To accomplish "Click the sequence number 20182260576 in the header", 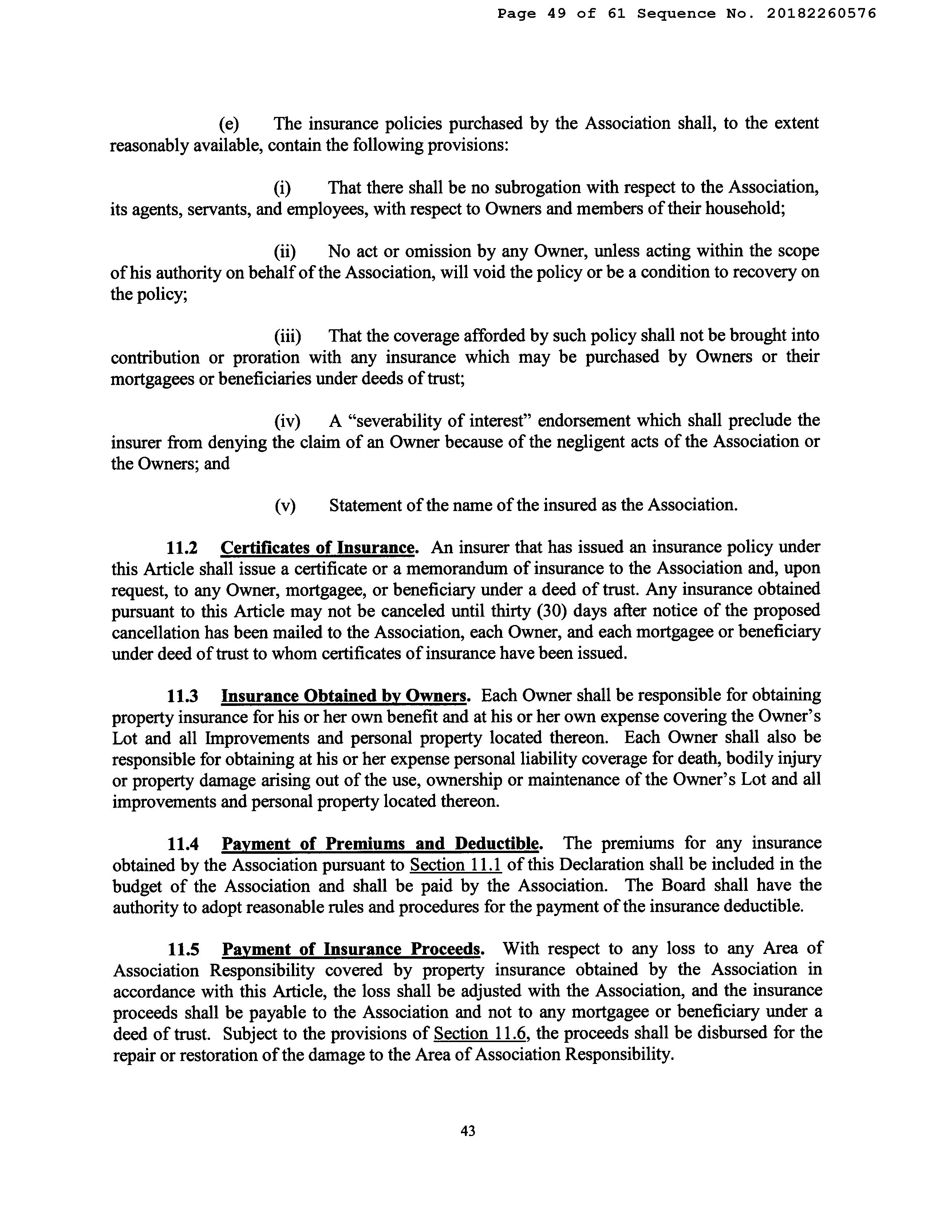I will click(x=822, y=13).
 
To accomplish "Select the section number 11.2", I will click(x=182, y=548).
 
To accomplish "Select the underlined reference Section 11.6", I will click(x=480, y=1034).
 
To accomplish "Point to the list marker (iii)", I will click(x=287, y=336).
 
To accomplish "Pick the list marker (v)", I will click(x=285, y=506).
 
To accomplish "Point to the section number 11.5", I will click(x=183, y=950).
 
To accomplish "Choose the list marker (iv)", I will click(x=287, y=421).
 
